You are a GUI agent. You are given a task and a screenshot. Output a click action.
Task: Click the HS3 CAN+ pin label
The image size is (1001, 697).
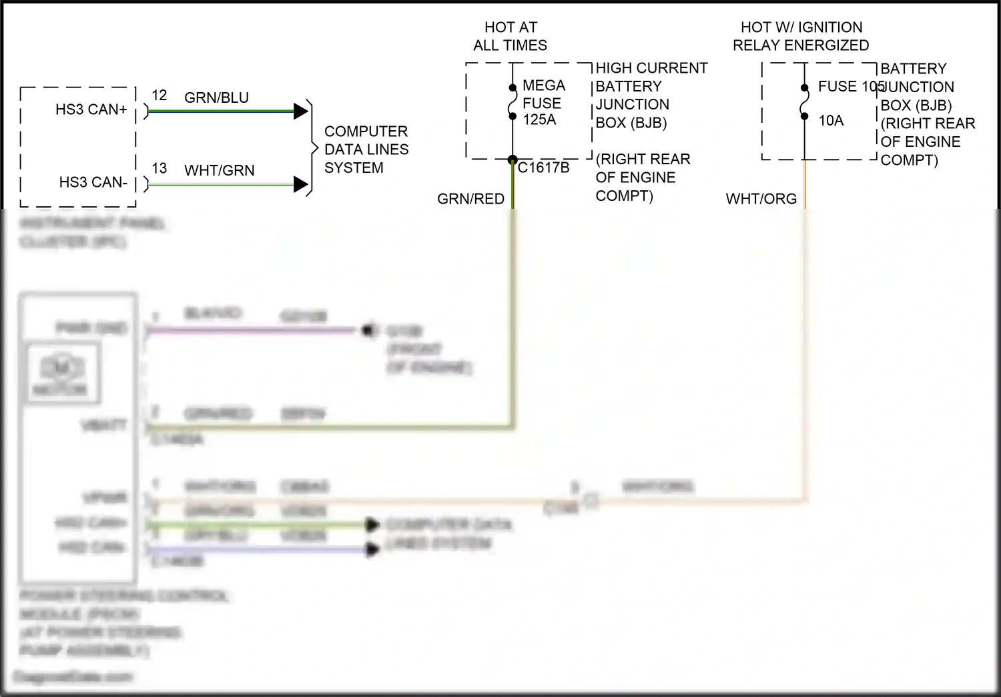click(x=91, y=109)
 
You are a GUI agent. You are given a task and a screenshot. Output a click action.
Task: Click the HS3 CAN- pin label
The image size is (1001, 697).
click(x=93, y=182)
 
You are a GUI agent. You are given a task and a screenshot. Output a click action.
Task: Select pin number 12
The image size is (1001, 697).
click(x=159, y=95)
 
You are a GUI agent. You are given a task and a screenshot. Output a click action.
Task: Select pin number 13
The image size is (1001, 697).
click(x=159, y=168)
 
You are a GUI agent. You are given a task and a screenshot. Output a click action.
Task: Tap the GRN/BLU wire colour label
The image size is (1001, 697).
click(x=216, y=97)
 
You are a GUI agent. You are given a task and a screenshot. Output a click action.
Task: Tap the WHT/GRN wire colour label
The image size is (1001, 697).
click(x=220, y=170)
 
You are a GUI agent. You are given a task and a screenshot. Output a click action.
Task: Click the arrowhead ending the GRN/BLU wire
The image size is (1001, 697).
click(x=300, y=111)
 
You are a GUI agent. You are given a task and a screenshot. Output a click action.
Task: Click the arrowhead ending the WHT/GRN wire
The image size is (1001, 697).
click(x=300, y=184)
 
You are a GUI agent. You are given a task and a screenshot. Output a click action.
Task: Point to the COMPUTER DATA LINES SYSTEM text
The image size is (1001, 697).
click(x=366, y=150)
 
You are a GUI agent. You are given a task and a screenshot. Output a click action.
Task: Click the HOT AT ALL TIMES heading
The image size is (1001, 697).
click(x=511, y=36)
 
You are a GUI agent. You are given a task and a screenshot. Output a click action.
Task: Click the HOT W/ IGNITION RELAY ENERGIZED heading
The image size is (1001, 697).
click(x=801, y=36)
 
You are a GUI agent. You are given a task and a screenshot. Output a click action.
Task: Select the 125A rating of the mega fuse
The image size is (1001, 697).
click(x=539, y=120)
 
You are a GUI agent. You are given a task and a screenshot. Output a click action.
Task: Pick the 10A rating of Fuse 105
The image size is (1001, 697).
click(x=831, y=120)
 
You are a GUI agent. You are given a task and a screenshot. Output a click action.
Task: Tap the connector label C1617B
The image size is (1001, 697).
click(x=543, y=168)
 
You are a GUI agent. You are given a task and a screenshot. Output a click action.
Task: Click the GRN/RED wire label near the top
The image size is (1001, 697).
click(x=470, y=199)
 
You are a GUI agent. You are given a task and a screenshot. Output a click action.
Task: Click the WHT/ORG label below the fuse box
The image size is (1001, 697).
click(x=761, y=199)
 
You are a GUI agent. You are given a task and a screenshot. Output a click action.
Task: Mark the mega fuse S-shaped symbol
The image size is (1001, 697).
click(x=513, y=102)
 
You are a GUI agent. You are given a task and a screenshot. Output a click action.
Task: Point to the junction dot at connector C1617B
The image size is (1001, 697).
click(x=513, y=160)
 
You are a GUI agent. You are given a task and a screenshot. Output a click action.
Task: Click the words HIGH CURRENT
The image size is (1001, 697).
click(x=651, y=68)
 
